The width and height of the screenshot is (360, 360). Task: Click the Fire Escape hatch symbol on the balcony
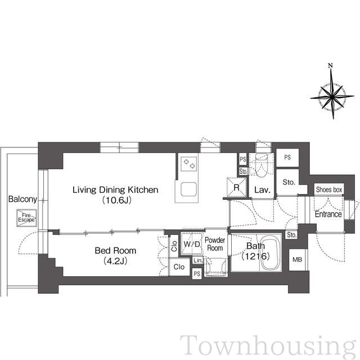point(26,218)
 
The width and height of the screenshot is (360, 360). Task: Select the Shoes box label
point(328,190)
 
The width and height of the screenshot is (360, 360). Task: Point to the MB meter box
point(297,260)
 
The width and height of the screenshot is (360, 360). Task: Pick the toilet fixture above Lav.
point(261,165)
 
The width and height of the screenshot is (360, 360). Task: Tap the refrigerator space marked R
point(236,187)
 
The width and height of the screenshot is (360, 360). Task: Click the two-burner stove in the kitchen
point(189,164)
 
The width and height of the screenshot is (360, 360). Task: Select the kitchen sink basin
point(188,190)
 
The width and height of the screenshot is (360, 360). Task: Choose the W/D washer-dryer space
point(192,244)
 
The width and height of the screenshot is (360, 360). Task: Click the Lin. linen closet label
point(198,260)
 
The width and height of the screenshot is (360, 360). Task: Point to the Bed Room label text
point(115,250)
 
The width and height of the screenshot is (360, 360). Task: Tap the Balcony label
point(22,199)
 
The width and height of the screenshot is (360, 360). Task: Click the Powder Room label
point(215,244)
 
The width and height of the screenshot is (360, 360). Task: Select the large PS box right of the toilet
point(287,157)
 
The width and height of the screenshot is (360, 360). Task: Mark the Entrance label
point(328,214)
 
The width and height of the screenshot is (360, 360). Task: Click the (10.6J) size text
point(116,200)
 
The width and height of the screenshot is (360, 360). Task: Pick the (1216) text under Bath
point(255,256)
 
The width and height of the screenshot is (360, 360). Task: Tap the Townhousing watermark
point(268,347)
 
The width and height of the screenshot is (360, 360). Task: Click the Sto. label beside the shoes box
point(289,182)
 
